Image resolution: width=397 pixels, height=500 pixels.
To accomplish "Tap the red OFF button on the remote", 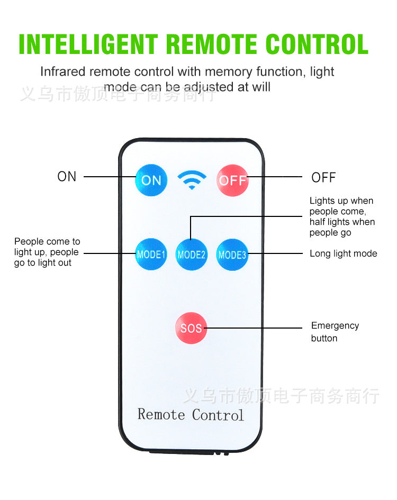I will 232,180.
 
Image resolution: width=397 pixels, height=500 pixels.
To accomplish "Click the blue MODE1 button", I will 151,254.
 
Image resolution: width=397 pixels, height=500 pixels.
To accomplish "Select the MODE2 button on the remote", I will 191,254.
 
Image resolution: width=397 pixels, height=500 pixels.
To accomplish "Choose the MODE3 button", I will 232,254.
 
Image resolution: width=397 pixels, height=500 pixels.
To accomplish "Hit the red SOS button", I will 191,328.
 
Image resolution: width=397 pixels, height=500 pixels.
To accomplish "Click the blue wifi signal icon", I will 192,180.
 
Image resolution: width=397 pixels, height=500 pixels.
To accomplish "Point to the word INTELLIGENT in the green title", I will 88,44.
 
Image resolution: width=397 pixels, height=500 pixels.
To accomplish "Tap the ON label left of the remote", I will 67,177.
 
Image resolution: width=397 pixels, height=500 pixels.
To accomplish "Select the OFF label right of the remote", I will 323,178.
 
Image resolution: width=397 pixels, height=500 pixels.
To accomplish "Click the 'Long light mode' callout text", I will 343,254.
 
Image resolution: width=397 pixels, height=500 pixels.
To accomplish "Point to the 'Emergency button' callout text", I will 335,332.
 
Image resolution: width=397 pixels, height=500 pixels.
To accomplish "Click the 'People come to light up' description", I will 47,252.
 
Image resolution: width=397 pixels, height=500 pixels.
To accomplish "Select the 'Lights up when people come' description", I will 341,216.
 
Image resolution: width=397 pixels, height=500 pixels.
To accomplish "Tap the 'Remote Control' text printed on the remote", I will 191,414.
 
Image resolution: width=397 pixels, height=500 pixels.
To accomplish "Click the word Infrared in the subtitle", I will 62,71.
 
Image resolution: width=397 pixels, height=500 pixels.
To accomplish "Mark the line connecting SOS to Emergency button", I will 254,328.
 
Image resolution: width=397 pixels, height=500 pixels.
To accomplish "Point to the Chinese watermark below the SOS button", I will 281,396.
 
